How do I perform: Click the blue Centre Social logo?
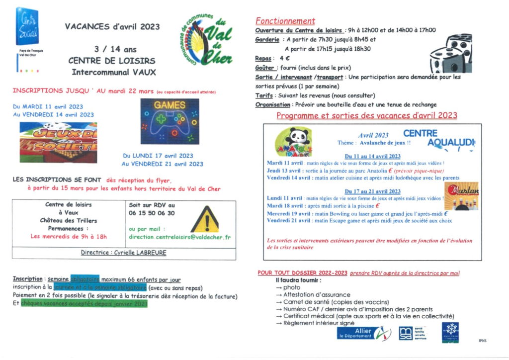click(x=28, y=27)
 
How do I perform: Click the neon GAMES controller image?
click(x=170, y=121)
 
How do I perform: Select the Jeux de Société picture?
click(x=58, y=142)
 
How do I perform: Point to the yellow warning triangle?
click(x=204, y=220)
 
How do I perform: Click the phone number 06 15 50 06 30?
click(x=152, y=213)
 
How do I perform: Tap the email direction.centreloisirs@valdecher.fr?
click(x=179, y=237)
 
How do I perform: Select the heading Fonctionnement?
click(x=285, y=21)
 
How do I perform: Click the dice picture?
click(x=451, y=54)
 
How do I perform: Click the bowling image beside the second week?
click(x=462, y=195)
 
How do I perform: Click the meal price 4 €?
click(x=284, y=58)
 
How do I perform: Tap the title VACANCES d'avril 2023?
click(x=112, y=27)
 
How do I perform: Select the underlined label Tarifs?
click(x=264, y=95)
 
